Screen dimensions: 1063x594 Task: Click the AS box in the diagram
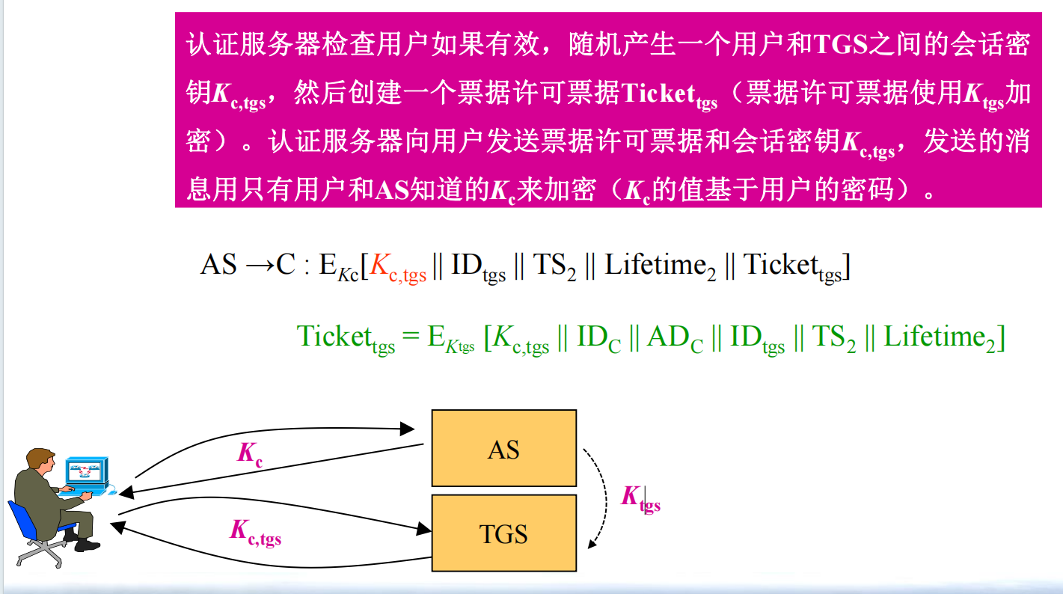[504, 448]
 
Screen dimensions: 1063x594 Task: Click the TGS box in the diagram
[504, 533]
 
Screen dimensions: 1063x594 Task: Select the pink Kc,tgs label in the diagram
[255, 533]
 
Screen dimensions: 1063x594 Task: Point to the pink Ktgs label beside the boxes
[640, 499]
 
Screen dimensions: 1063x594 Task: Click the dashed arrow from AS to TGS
[605, 498]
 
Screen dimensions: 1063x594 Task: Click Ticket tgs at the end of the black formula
[792, 268]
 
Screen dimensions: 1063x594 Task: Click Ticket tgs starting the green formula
[346, 339]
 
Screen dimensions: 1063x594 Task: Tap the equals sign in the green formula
[411, 337]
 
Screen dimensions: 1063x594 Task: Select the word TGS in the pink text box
[840, 44]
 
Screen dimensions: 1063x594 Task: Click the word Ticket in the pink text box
[658, 93]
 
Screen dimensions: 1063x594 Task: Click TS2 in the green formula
[834, 339]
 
